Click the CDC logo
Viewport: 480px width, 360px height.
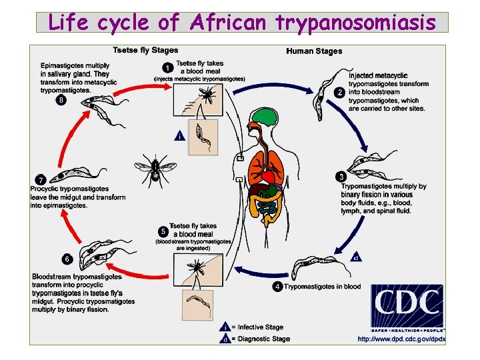[407, 307]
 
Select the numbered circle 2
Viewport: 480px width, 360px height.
[341, 93]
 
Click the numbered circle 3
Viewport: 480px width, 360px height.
[341, 177]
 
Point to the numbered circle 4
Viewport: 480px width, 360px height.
[277, 287]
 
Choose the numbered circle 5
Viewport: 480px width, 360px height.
[163, 231]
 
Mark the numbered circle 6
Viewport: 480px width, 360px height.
[66, 259]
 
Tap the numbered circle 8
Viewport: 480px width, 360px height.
[61, 100]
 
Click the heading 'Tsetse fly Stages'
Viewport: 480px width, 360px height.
[145, 50]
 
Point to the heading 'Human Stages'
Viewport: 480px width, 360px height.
[314, 51]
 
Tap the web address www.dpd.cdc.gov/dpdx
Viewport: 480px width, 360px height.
[402, 339]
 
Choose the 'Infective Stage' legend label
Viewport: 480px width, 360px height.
[261, 327]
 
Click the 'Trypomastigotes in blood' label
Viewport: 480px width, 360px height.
[322, 287]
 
